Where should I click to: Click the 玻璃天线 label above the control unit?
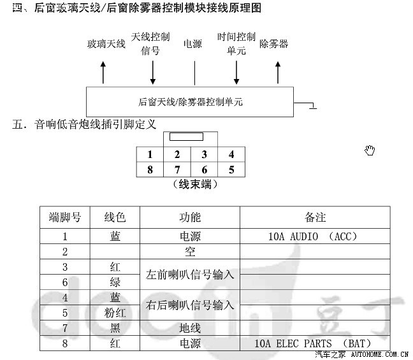[x=106, y=44]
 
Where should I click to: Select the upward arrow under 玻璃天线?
[x=103, y=73]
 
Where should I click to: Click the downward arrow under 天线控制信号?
[x=153, y=73]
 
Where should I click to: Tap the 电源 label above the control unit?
[x=192, y=44]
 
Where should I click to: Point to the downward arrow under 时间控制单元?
[x=236, y=73]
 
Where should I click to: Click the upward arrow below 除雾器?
[x=278, y=73]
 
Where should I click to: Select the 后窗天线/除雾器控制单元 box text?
[x=190, y=102]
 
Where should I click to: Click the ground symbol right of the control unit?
[x=313, y=106]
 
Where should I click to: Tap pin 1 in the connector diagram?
[x=150, y=154]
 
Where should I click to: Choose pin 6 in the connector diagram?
[x=204, y=169]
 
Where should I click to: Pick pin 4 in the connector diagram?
[x=231, y=154]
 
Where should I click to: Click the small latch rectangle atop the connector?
[x=186, y=137]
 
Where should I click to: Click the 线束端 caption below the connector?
[x=195, y=184]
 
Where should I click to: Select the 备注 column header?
[x=315, y=217]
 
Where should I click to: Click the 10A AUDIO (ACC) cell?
[x=313, y=236]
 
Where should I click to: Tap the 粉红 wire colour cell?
[x=115, y=313]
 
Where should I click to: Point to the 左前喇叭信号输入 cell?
[x=190, y=275]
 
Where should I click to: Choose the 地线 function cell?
[x=190, y=328]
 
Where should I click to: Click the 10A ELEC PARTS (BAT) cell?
[x=313, y=343]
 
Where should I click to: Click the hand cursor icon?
[x=370, y=150]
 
